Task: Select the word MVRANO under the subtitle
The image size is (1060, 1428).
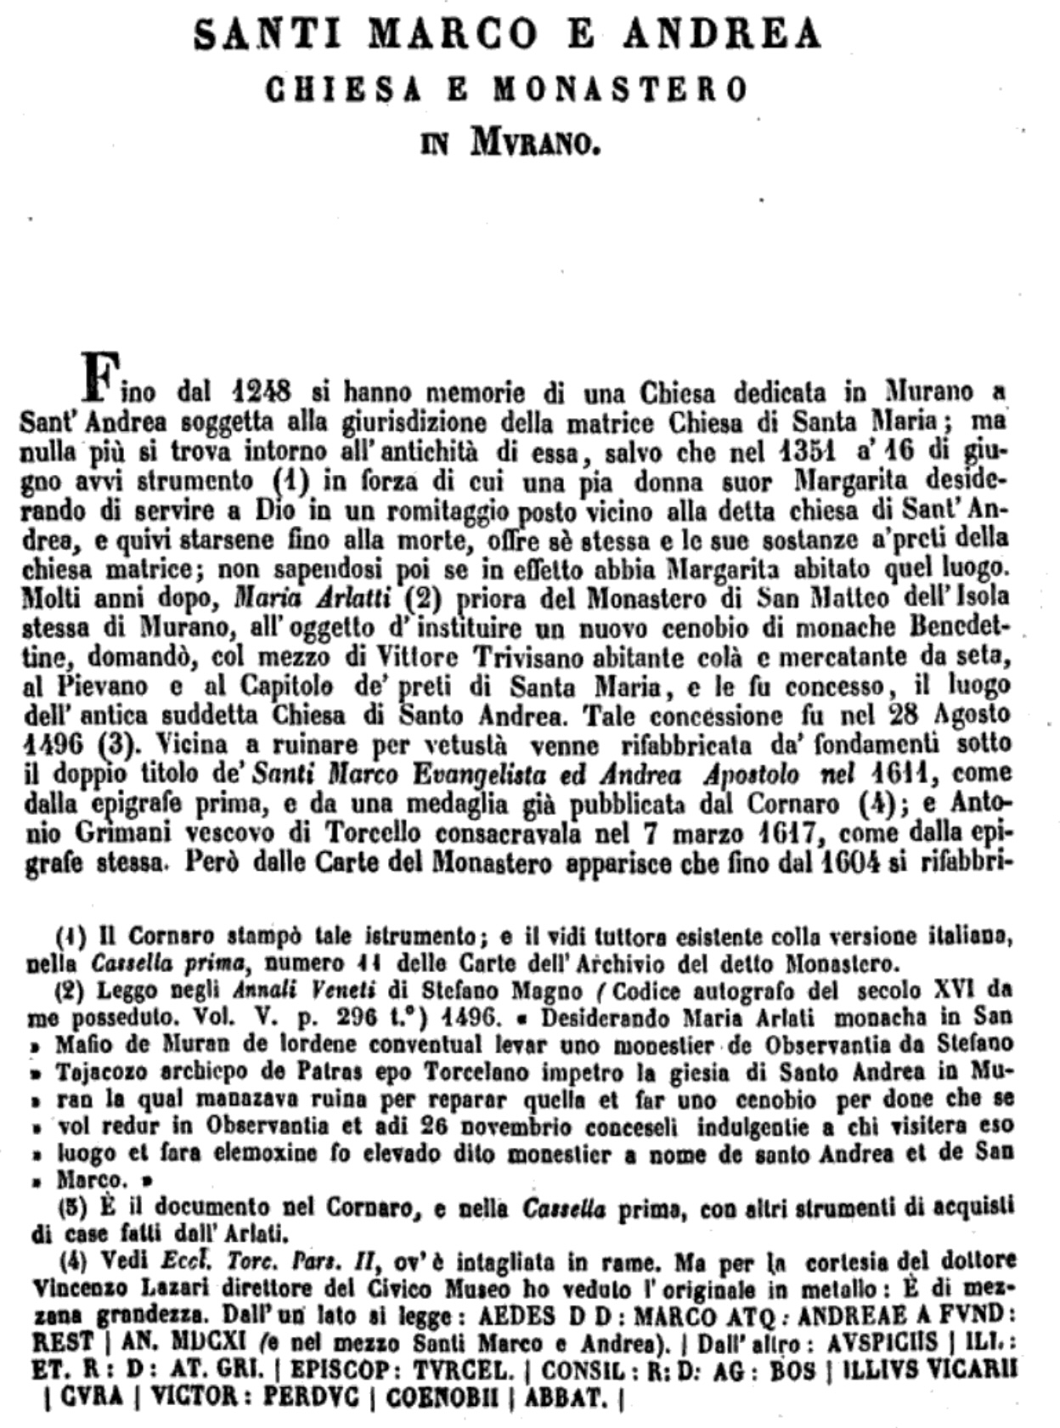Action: click(536, 144)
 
